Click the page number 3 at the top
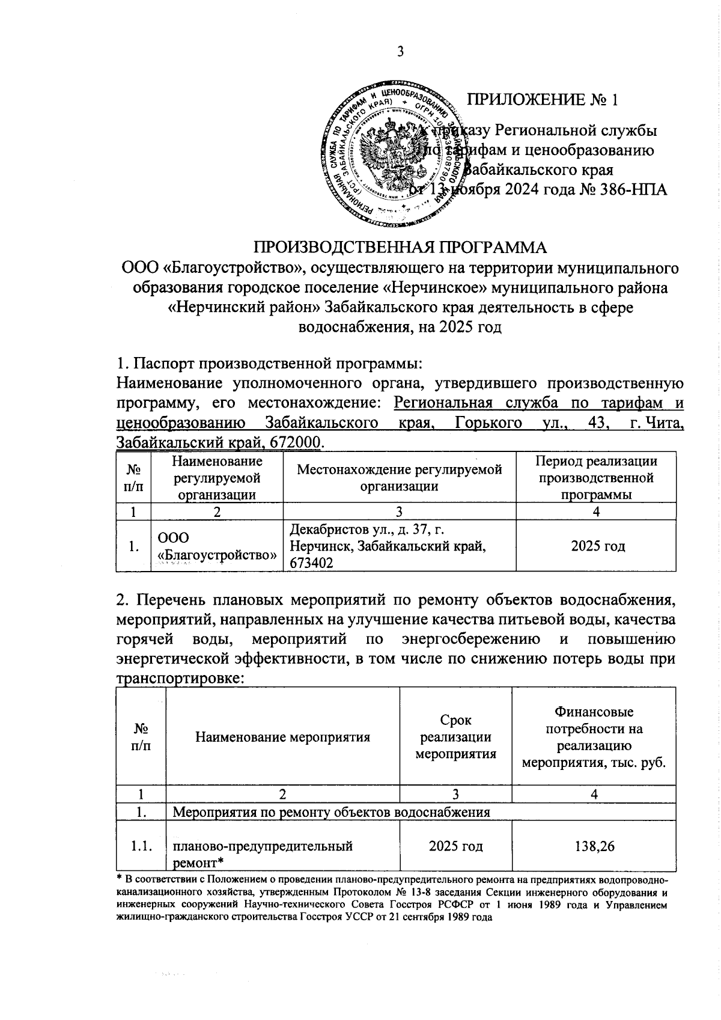[x=400, y=52]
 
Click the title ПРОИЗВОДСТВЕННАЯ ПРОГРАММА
[x=400, y=248]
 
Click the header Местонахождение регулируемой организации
[x=399, y=478]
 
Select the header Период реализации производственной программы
[x=596, y=478]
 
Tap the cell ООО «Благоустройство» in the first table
[x=217, y=546]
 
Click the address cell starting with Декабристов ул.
[x=388, y=546]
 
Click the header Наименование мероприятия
[x=282, y=737]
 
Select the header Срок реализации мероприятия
[x=456, y=737]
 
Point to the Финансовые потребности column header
[x=594, y=737]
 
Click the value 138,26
[x=594, y=846]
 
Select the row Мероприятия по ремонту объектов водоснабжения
[x=332, y=812]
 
